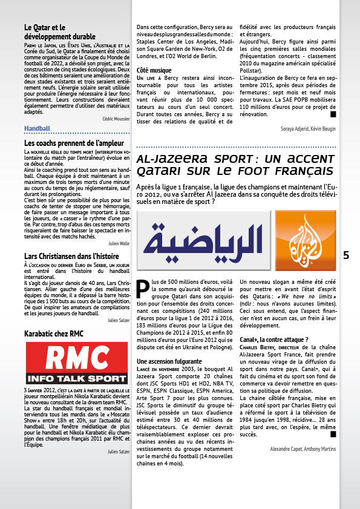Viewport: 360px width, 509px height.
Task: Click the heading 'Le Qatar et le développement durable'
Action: point(60,31)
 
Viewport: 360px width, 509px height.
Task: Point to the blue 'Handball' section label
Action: point(37,128)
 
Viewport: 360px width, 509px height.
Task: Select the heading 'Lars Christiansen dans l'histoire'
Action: point(72,256)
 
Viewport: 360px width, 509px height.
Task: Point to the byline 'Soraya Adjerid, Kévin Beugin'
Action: point(307,130)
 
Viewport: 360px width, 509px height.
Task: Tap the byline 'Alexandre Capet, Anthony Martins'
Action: point(303,449)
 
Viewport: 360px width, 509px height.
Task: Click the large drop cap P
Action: point(143,289)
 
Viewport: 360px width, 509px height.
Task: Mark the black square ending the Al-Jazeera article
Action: point(332,433)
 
